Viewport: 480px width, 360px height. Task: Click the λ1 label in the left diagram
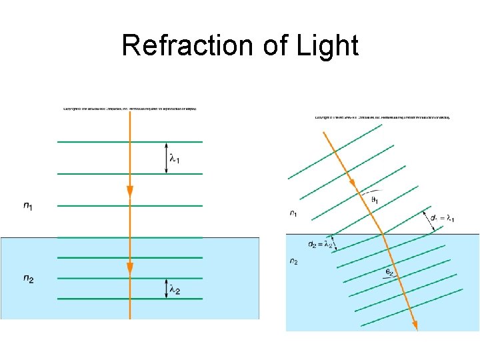(175, 159)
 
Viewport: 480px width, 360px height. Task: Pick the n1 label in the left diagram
(28, 207)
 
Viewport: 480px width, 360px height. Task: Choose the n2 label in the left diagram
(28, 279)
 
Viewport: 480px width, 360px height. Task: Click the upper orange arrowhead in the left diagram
(130, 192)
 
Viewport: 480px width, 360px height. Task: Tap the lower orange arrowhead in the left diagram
(130, 268)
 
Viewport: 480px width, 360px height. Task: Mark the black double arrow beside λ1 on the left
(165, 158)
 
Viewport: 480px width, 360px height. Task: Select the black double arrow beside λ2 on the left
(165, 288)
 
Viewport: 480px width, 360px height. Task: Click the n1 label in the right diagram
(294, 213)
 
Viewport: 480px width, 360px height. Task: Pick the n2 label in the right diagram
(294, 261)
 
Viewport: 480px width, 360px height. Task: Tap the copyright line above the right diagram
(382, 118)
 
